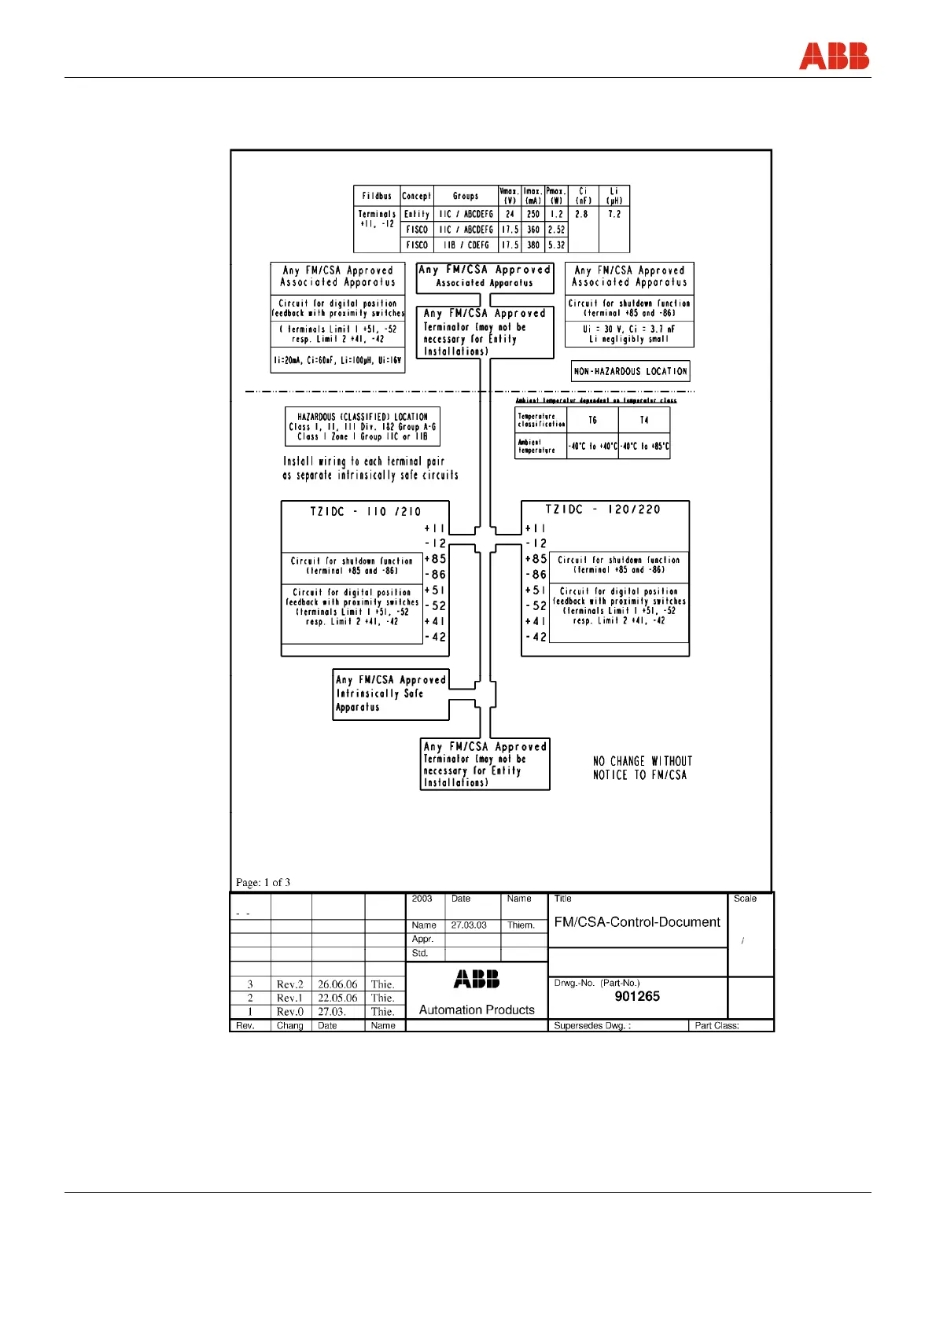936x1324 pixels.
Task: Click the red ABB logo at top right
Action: point(834,57)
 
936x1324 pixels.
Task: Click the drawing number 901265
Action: point(637,996)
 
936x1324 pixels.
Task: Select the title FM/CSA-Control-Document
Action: point(637,922)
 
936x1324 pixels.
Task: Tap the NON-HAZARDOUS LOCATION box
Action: point(630,371)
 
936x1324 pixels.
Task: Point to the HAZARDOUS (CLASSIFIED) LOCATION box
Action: point(363,426)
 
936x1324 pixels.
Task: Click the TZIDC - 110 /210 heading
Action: point(366,511)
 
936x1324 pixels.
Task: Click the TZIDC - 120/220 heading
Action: point(603,509)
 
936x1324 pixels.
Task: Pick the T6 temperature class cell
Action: point(592,420)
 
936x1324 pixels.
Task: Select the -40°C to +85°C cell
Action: point(644,446)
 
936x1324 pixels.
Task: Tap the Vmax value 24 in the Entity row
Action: point(510,214)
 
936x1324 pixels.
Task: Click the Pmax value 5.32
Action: point(556,245)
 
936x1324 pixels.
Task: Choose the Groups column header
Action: point(465,196)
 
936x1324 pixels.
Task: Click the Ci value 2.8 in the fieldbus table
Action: point(581,214)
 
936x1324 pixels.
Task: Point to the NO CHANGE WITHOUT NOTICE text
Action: point(643,768)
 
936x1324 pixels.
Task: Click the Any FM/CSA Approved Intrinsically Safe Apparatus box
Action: point(390,693)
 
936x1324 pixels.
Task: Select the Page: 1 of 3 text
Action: point(263,882)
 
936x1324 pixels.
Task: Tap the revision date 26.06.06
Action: point(337,984)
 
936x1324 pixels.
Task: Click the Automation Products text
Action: point(477,1010)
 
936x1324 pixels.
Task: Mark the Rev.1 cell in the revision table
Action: point(289,998)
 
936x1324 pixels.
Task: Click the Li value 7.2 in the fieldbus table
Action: point(614,214)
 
